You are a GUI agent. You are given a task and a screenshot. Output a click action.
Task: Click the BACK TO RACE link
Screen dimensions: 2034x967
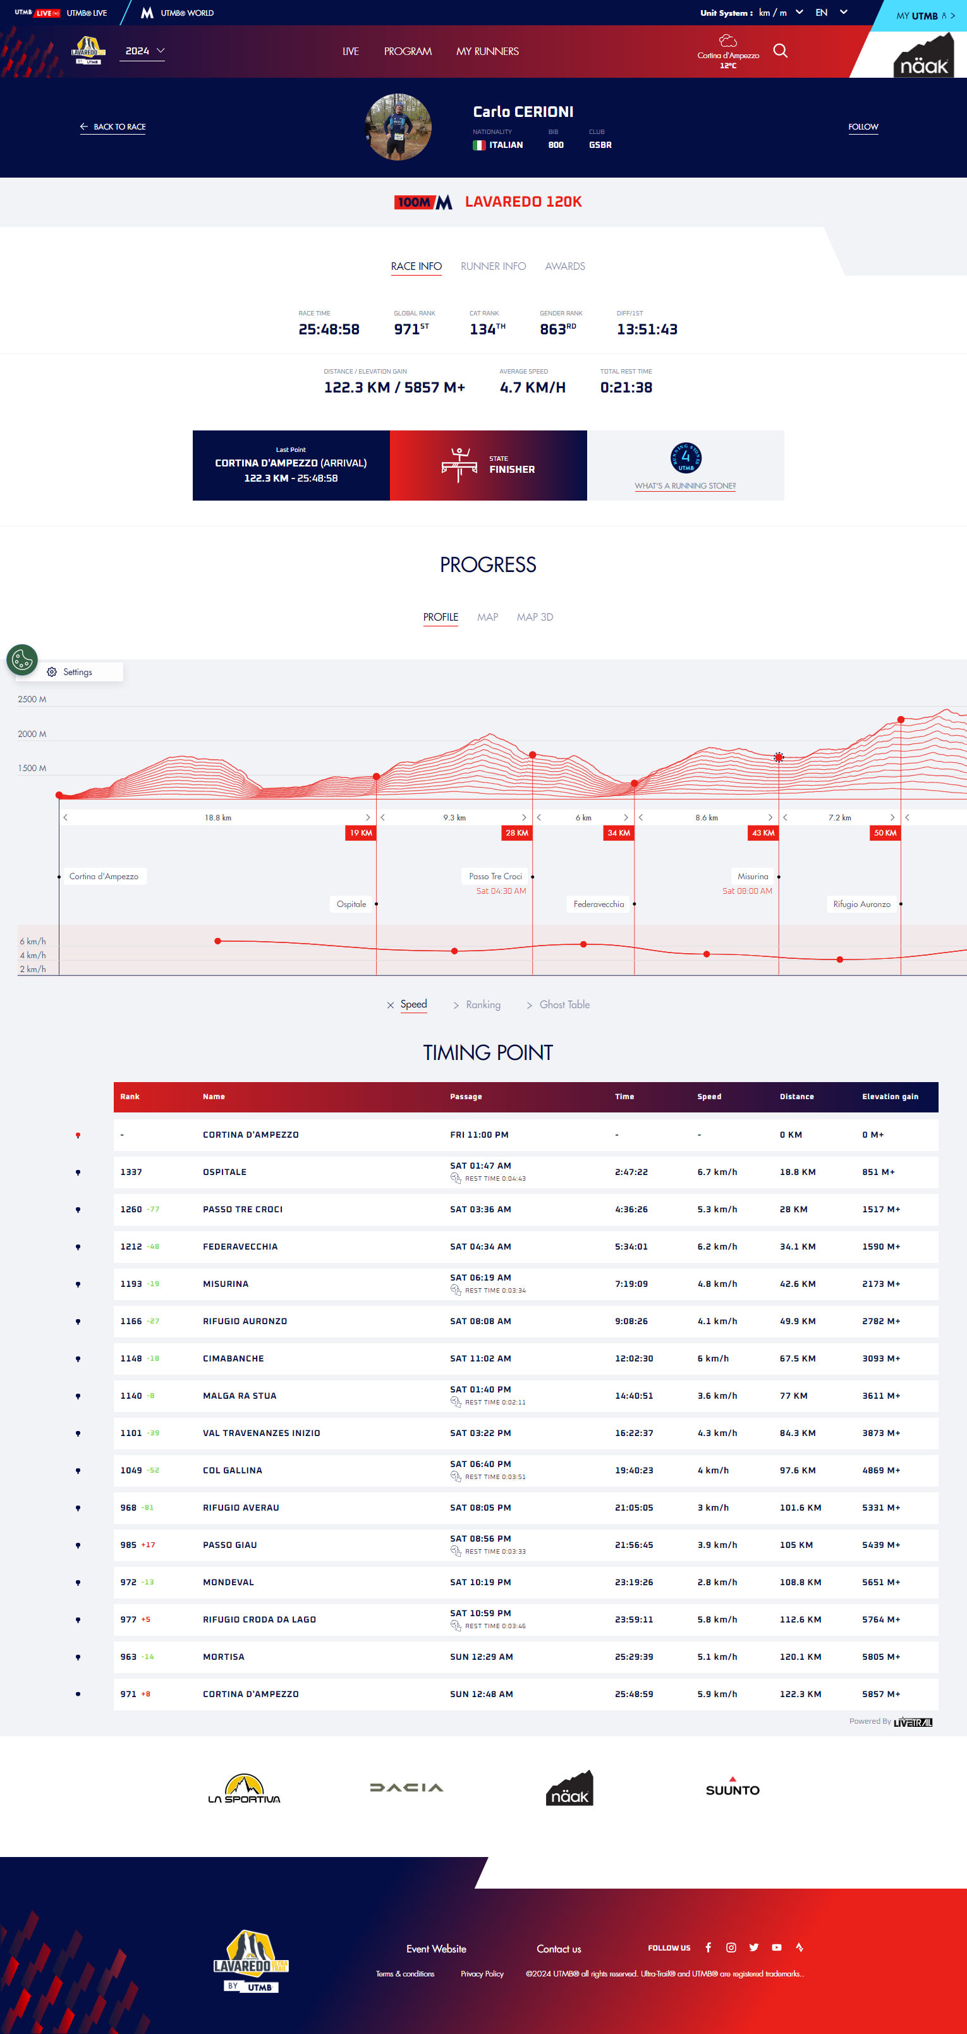[x=113, y=126]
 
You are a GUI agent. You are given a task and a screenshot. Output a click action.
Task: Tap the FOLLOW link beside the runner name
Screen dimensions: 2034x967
[x=863, y=126]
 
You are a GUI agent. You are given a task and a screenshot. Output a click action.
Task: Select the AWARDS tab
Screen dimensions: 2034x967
[x=564, y=266]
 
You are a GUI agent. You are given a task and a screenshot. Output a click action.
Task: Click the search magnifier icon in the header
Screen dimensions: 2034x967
[x=780, y=51]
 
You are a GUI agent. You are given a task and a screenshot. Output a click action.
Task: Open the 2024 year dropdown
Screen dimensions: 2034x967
[x=145, y=51]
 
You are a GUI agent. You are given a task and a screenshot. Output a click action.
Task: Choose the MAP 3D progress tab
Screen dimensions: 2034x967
[x=535, y=617]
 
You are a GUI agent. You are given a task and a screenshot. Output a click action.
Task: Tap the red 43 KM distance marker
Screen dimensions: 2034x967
[x=763, y=833]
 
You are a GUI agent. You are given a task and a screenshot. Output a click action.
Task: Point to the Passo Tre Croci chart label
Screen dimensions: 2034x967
[x=495, y=877]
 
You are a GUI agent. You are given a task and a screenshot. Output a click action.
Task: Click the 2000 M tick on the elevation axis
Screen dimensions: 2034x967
[x=32, y=734]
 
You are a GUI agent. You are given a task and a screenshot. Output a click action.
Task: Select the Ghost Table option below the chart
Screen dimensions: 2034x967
[x=564, y=1004]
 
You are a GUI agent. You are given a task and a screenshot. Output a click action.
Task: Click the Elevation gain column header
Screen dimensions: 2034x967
[x=890, y=1097]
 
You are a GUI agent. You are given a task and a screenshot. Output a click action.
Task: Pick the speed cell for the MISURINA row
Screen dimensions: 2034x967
[x=717, y=1284]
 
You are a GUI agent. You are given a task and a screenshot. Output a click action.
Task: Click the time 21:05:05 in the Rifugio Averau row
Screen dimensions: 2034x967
[x=633, y=1507]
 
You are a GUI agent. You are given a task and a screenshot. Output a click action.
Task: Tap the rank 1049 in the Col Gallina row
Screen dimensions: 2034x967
[x=131, y=1470]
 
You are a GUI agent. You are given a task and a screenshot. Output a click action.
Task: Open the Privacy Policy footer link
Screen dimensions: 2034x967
[x=482, y=1973]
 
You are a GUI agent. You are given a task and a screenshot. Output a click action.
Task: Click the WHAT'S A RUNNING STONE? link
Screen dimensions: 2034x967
[x=684, y=487]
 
